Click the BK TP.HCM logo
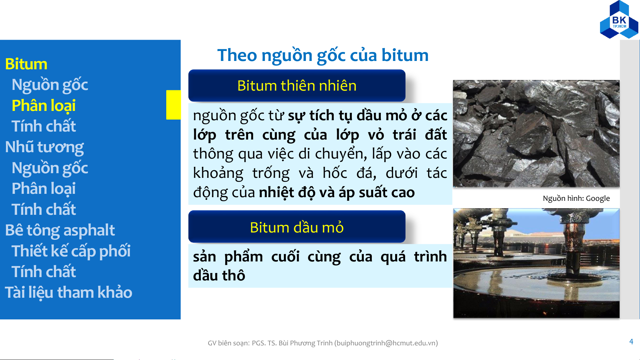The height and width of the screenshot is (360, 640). (619, 20)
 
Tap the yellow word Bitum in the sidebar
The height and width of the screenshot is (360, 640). (26, 64)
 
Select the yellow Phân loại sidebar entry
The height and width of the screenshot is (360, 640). (44, 106)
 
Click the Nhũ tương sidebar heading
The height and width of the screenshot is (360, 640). (44, 147)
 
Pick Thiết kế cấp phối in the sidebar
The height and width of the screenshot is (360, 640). (71, 251)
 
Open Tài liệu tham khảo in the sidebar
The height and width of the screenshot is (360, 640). (69, 293)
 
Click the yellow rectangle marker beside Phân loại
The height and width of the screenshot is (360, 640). (173, 105)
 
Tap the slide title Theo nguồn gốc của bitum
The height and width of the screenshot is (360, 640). (323, 55)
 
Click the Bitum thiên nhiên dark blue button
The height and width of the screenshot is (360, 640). (297, 86)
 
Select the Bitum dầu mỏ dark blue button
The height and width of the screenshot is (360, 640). (297, 227)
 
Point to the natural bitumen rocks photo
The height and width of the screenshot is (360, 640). (536, 134)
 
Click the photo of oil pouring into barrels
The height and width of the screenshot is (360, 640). (536, 263)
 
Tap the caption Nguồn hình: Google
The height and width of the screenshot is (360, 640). (576, 198)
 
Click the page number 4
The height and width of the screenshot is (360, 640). (631, 342)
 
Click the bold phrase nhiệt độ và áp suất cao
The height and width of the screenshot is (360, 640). (337, 193)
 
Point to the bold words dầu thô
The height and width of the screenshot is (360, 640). (219, 276)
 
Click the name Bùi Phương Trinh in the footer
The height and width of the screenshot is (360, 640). (306, 343)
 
